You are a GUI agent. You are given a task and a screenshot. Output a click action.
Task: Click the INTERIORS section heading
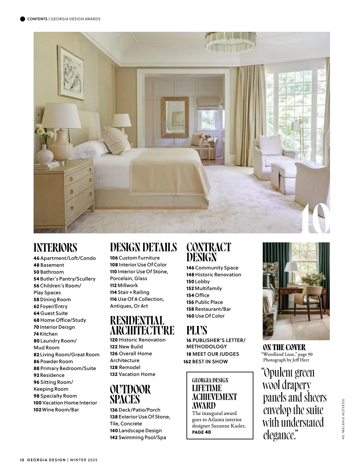pyautogui.click(x=55, y=248)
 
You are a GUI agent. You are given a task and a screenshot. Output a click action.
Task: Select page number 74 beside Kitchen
pyautogui.click(x=36, y=334)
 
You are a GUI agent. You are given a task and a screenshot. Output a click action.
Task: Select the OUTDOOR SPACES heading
pyautogui.click(x=130, y=394)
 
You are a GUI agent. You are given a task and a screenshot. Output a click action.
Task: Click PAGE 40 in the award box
pyautogui.click(x=201, y=432)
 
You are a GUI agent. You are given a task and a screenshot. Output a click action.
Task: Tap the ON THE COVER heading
pyautogui.click(x=284, y=348)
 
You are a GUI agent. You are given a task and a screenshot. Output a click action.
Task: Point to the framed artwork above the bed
pyautogui.click(x=71, y=74)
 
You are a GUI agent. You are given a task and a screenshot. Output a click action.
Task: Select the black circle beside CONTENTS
pyautogui.click(x=22, y=19)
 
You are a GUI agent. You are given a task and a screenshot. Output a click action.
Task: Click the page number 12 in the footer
pyautogui.click(x=22, y=459)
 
